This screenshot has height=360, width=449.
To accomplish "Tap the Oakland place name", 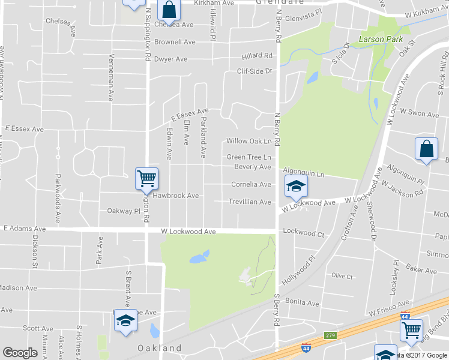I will point(159,348).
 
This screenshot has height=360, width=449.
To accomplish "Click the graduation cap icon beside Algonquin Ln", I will point(296,187).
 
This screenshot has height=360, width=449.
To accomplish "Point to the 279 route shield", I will point(330,334).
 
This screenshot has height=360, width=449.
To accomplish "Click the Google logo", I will point(20,353).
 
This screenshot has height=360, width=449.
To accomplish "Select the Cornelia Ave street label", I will point(251,184).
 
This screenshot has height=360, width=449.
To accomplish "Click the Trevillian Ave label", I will point(250,202).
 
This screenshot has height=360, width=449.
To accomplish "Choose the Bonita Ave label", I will point(301,301).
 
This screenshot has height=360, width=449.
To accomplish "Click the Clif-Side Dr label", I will point(254,71).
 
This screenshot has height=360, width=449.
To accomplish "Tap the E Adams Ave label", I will point(25,229).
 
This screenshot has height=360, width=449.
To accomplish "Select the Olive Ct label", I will point(342,276).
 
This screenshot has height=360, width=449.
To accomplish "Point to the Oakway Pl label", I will point(123,211).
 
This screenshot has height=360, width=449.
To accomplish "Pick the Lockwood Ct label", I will point(303,232).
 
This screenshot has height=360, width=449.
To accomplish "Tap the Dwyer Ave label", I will point(170,59).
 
